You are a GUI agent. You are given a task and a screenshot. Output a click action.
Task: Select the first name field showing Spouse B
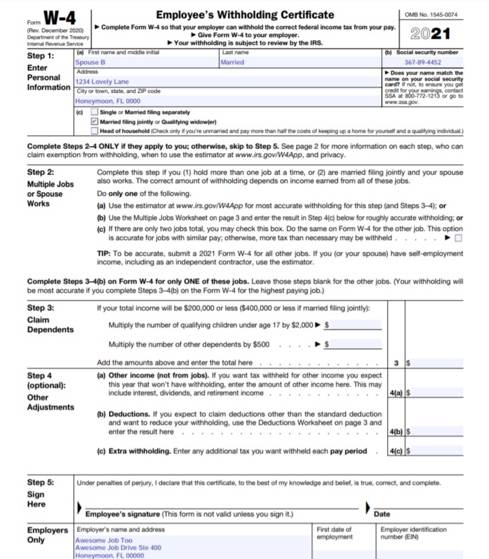coord(145,62)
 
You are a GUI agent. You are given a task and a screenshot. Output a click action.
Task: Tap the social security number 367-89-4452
coord(422,62)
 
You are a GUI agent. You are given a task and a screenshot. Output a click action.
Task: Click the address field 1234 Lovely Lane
coord(227,82)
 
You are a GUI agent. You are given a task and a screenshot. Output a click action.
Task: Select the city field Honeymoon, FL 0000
coord(227,101)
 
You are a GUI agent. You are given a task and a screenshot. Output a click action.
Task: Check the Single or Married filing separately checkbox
coord(94,112)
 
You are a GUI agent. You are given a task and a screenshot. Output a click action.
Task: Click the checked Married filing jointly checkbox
coord(94,122)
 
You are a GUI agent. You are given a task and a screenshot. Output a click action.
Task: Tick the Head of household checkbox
coord(94,131)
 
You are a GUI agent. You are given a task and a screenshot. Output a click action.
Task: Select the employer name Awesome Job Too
coord(103,540)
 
